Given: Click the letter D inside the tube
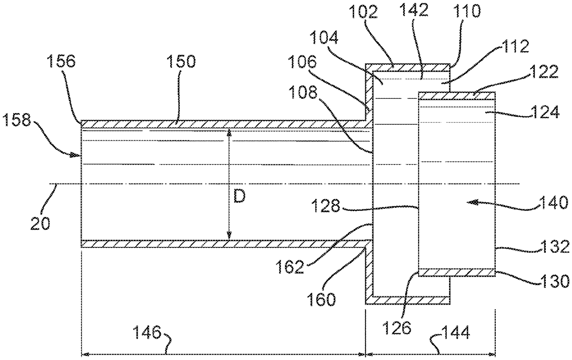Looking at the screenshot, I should [x=239, y=197].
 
